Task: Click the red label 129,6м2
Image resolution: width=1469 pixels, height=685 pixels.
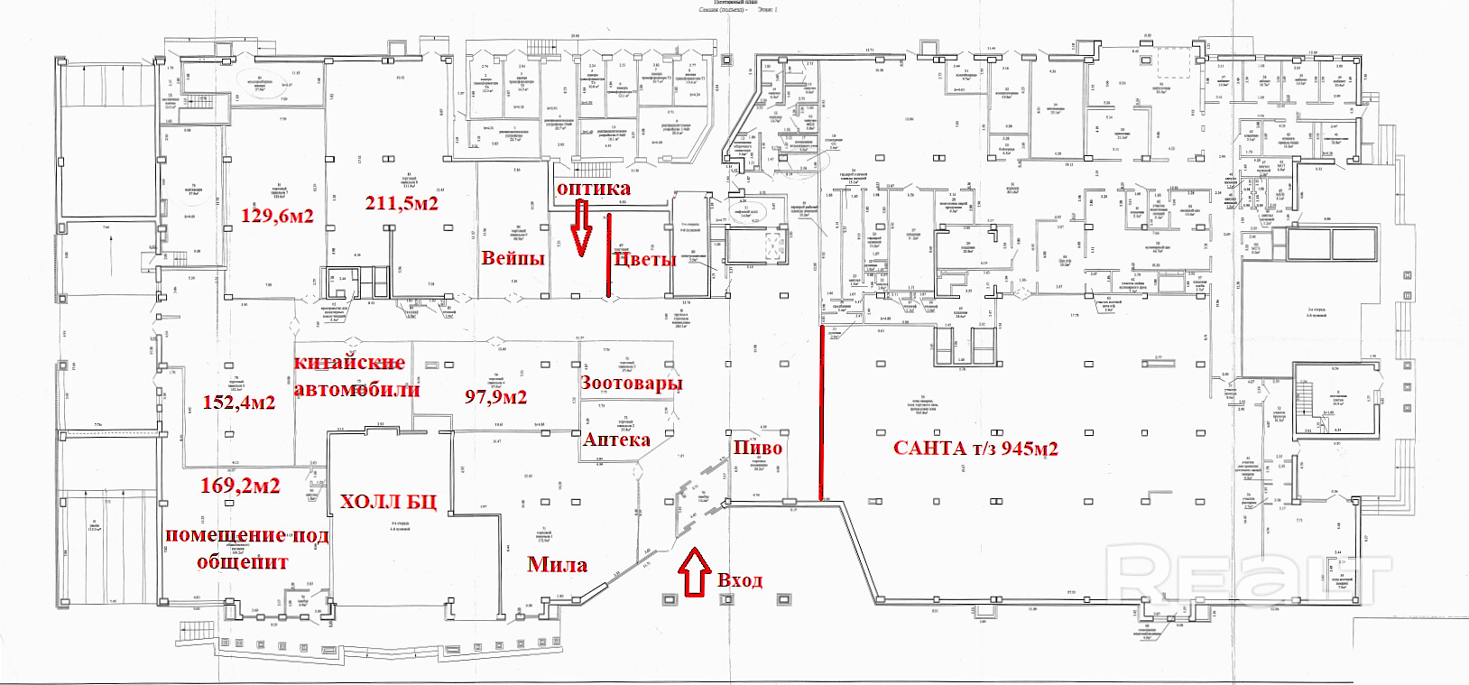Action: [x=277, y=216]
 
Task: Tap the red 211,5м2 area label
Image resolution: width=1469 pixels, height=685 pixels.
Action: [x=402, y=203]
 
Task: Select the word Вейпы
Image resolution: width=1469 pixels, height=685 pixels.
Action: [x=513, y=258]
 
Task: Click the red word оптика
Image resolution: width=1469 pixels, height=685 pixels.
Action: [x=593, y=189]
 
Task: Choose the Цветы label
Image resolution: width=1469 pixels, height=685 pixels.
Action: [x=644, y=259]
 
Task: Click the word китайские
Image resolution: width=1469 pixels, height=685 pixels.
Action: [x=349, y=363]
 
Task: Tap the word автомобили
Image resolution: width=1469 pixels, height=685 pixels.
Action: [x=356, y=390]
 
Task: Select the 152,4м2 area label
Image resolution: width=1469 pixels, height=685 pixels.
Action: [x=238, y=403]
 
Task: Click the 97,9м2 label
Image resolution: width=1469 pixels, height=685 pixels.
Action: [x=495, y=396]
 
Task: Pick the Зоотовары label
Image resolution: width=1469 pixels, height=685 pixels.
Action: [x=631, y=383]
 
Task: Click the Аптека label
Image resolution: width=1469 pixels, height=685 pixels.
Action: [x=616, y=440]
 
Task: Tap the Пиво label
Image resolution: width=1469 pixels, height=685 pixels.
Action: [x=757, y=448]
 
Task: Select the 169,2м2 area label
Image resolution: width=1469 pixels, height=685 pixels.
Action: [x=240, y=486]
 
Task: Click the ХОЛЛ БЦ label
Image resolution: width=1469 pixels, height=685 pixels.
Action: [x=388, y=502]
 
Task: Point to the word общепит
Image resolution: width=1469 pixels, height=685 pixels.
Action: [x=243, y=562]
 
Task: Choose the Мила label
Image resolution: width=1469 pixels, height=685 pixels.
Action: [x=557, y=565]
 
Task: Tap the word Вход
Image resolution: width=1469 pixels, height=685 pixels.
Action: [x=740, y=580]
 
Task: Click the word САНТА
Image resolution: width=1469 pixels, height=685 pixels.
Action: [x=929, y=449]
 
